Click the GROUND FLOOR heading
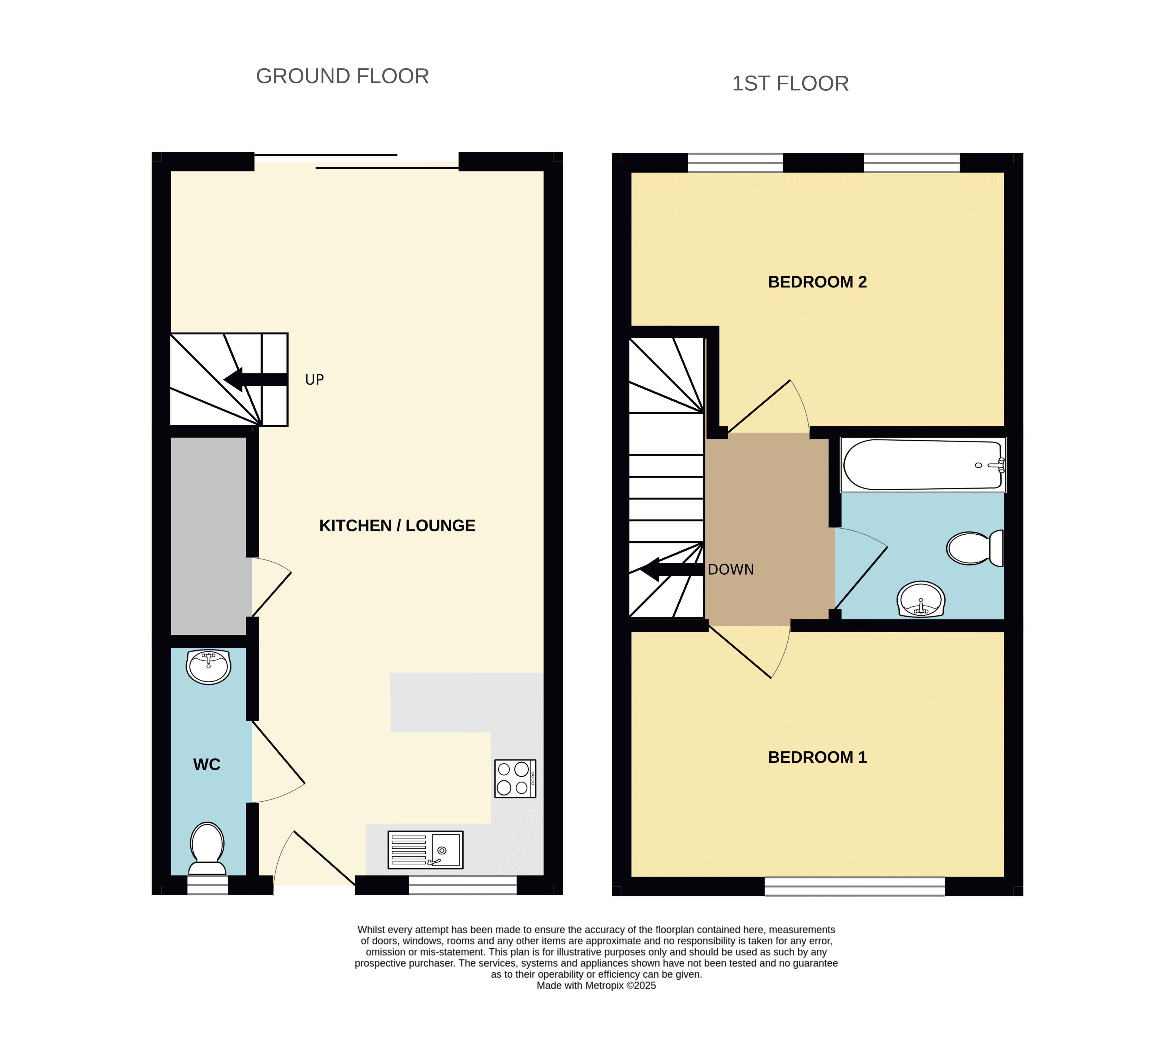[x=342, y=76]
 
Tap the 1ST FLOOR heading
[x=790, y=84]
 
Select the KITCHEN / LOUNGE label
[x=397, y=526]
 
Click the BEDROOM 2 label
[x=817, y=282]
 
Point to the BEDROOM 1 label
[x=817, y=757]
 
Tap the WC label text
[x=207, y=765]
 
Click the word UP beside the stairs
[x=314, y=379]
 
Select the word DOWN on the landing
[x=731, y=569]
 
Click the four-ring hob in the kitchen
[x=515, y=779]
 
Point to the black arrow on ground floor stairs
[x=255, y=379]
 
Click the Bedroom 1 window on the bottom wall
[x=855, y=886]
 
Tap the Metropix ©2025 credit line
[x=596, y=985]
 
